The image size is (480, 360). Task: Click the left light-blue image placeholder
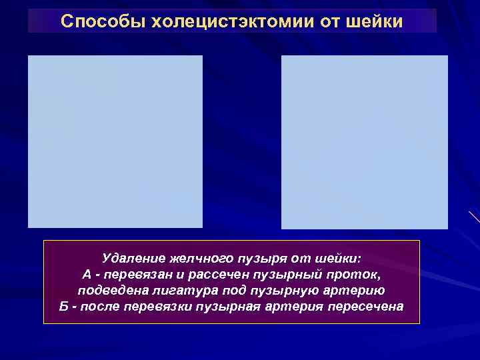click(115, 141)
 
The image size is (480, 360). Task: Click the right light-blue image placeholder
click(365, 142)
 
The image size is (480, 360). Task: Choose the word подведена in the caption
click(108, 291)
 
